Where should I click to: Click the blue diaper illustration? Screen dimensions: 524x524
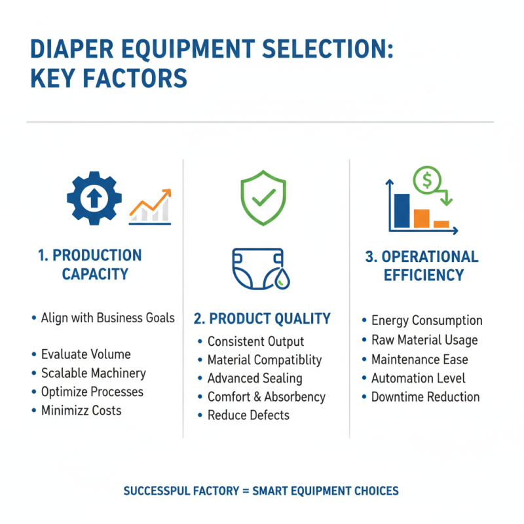[258, 269]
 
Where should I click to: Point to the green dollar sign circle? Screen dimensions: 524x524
[427, 179]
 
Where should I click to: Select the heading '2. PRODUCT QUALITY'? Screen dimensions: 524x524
[262, 319]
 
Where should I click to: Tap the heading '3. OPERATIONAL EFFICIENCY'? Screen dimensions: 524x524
[422, 265]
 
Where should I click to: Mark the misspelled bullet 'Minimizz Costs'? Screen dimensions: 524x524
[81, 411]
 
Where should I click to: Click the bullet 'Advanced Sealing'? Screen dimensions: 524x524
[254, 379]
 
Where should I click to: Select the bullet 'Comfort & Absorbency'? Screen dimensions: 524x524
[266, 397]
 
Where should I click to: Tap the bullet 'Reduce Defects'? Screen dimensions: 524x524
[248, 415]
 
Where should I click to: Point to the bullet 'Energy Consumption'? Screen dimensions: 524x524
[426, 321]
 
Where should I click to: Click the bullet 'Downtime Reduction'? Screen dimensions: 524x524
[425, 397]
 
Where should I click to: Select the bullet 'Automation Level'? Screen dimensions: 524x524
[418, 378]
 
